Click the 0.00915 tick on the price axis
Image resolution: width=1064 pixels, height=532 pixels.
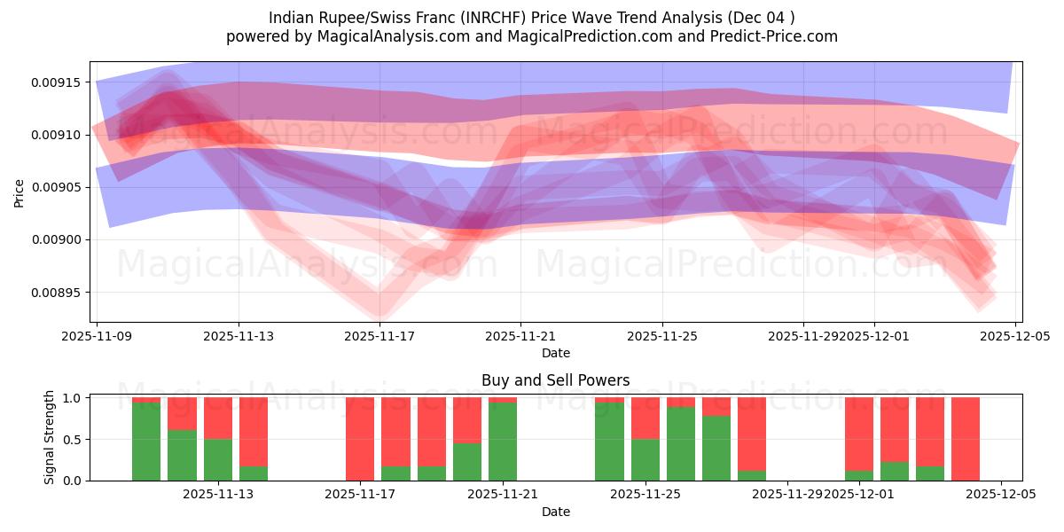tap(56, 82)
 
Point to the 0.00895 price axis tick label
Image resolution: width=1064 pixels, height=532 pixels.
tap(56, 293)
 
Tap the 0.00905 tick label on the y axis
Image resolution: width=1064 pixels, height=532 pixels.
tap(56, 187)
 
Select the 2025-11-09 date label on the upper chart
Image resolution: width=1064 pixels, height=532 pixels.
tap(97, 336)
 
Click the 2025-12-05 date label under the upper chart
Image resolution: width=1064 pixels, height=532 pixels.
tap(1015, 336)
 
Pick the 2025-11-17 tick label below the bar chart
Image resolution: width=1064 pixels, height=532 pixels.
tap(360, 495)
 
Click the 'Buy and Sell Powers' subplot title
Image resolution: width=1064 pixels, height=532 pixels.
tap(555, 380)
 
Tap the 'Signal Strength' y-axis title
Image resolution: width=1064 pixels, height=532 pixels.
tap(50, 437)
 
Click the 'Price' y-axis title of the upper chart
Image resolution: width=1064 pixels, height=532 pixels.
tap(20, 192)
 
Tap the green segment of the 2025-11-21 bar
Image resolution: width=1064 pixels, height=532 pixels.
tap(503, 442)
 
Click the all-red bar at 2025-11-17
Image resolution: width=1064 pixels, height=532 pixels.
tap(360, 439)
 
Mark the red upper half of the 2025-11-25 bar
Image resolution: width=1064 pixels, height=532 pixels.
tap(645, 418)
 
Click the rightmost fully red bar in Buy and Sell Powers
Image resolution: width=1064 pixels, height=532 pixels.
tap(966, 439)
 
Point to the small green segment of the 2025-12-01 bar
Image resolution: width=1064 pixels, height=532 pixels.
tap(859, 475)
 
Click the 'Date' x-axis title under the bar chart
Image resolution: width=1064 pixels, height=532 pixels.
tap(555, 512)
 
